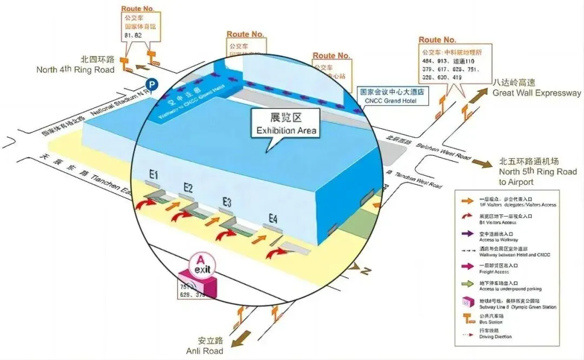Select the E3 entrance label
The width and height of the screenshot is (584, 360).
click(x=227, y=202)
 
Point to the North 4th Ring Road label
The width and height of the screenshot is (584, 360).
click(x=76, y=65)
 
